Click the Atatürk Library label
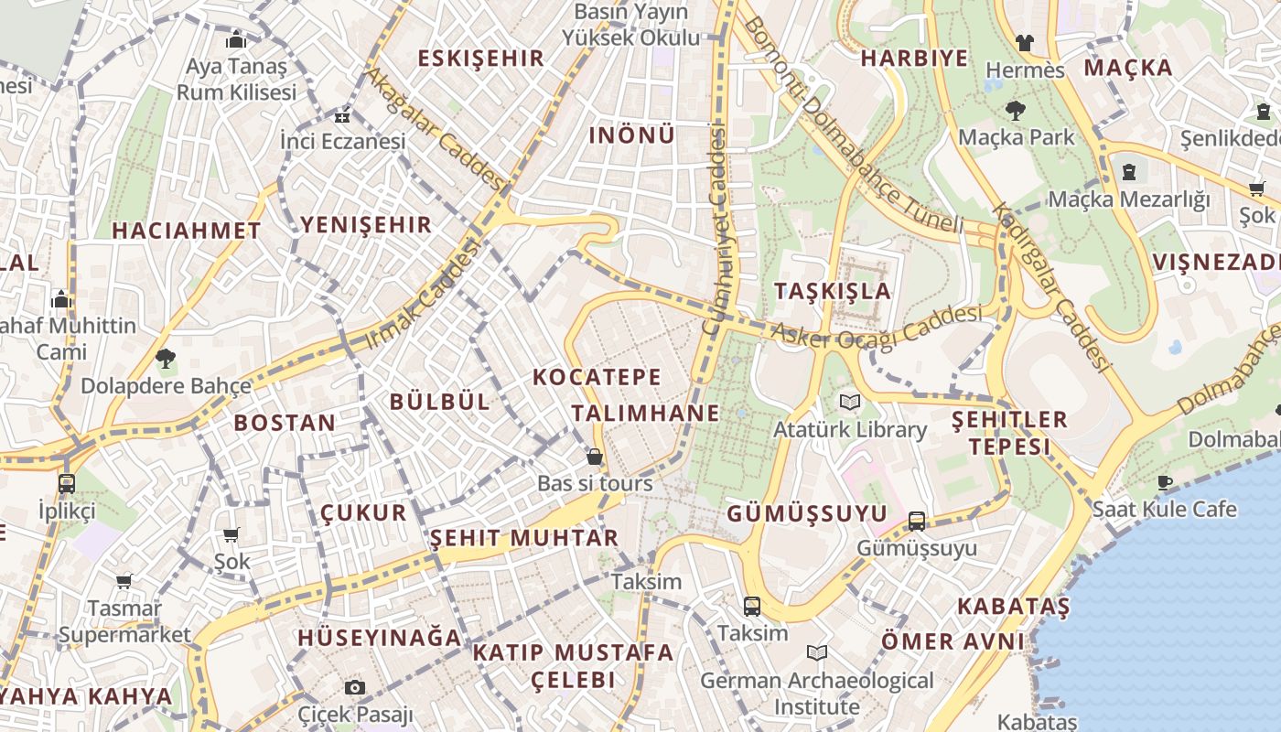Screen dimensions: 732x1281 tap(850, 429)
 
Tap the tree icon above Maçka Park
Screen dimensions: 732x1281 tap(1015, 111)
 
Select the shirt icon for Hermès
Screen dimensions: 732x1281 tap(1024, 43)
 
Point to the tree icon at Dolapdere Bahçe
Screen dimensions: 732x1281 tap(165, 358)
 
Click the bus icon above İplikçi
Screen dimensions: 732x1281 tap(66, 483)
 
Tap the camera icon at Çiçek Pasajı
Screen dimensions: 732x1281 tap(355, 687)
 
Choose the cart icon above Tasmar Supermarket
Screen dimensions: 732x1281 tap(124, 581)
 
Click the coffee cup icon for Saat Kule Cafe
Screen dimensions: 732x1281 tap(1165, 482)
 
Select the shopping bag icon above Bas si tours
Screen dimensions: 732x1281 tap(595, 457)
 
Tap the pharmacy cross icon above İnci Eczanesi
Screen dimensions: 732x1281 tap(342, 116)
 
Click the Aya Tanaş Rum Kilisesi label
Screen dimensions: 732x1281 tap(236, 80)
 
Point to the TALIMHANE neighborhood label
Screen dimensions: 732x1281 tap(645, 413)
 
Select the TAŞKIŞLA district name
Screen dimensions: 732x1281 tap(832, 291)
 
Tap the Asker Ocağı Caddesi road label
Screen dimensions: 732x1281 tap(877, 328)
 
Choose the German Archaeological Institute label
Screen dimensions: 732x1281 tap(817, 694)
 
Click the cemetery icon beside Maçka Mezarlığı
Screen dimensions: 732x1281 tap(1129, 171)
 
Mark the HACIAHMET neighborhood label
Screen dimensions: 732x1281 tap(187, 231)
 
